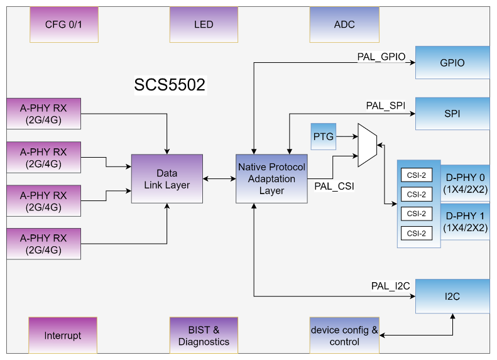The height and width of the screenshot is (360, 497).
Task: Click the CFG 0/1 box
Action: pos(64,25)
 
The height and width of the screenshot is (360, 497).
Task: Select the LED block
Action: pos(204,25)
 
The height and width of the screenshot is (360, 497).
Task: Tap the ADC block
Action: pos(344,25)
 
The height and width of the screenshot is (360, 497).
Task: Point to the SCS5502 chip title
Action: pos(170,85)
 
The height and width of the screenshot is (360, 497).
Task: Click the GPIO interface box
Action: pos(452,63)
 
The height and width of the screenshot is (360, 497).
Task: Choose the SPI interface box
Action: pos(452,114)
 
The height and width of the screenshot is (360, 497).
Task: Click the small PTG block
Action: pos(324,137)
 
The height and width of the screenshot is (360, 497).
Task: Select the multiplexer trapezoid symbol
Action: pos(367,145)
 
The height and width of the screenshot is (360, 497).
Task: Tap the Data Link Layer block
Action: pos(167,178)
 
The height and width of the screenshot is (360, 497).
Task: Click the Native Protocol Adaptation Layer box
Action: pos(271,178)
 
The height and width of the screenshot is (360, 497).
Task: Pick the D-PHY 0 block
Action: pos(465,183)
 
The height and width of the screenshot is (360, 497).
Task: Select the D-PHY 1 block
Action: pos(465,222)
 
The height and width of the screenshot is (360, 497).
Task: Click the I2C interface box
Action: pos(452,296)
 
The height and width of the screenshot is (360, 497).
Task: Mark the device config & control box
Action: pos(344,335)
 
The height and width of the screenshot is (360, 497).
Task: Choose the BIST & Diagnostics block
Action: pos(204,335)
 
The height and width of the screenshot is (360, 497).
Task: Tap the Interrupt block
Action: pos(63,335)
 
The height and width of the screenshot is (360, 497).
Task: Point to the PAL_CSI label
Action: pos(334,186)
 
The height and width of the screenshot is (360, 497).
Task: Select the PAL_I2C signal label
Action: pos(390,286)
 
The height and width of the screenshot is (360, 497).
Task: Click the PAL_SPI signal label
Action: pos(386,105)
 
